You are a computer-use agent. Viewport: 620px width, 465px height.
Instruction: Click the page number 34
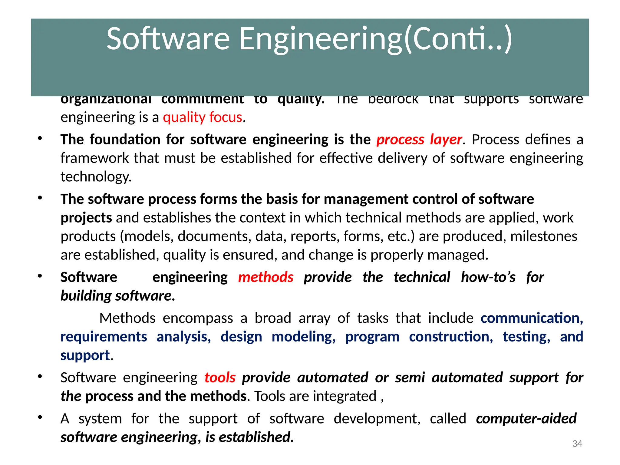point(577,444)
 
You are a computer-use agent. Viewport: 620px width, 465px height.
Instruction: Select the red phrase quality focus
point(203,117)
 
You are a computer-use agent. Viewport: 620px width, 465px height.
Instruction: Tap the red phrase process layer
point(419,140)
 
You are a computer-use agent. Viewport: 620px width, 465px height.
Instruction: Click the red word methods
point(265,277)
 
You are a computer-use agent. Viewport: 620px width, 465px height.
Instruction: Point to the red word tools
point(220,378)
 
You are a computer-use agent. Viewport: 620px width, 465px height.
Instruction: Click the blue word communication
point(531,318)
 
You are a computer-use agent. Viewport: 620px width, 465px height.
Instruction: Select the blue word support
point(85,355)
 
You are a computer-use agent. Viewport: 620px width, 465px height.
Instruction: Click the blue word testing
point(526,337)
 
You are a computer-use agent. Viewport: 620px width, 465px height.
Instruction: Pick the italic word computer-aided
point(526,419)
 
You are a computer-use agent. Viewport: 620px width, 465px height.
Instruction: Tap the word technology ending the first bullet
point(96,177)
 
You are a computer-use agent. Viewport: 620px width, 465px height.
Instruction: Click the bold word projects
point(86,218)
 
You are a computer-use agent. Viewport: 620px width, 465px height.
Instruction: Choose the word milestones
point(544,236)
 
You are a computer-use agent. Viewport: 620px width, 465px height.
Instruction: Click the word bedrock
point(393,99)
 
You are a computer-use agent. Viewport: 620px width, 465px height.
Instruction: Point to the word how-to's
point(488,277)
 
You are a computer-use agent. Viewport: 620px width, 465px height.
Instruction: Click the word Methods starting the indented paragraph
point(127,318)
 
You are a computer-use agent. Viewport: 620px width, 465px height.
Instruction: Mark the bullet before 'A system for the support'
point(40,417)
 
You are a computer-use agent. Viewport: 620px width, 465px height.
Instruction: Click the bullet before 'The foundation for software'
point(40,138)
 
